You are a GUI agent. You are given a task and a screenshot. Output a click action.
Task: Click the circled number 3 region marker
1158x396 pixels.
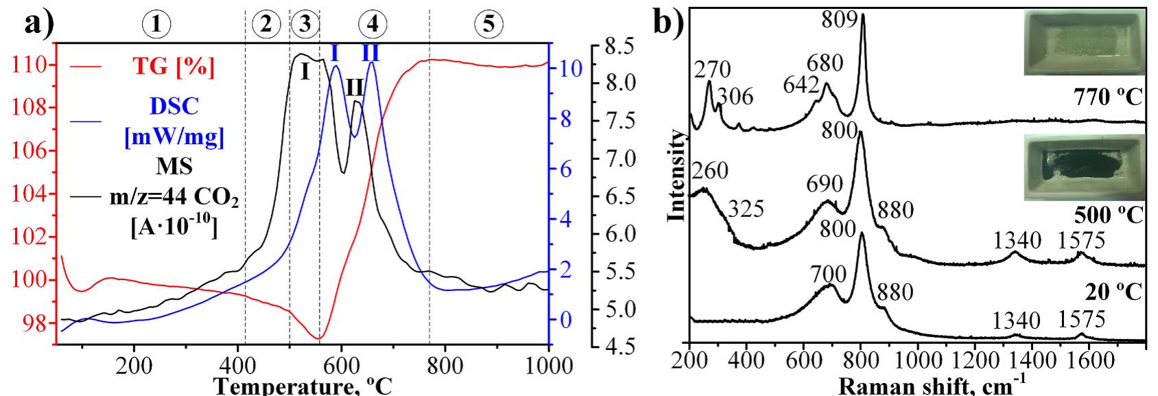coord(305,25)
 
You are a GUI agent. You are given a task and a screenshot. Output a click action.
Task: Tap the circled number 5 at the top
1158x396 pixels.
coord(488,25)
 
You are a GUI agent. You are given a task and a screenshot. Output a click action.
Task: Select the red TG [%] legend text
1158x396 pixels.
coord(173,67)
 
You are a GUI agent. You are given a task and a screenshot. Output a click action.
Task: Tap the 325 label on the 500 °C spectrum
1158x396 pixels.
coord(745,209)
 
